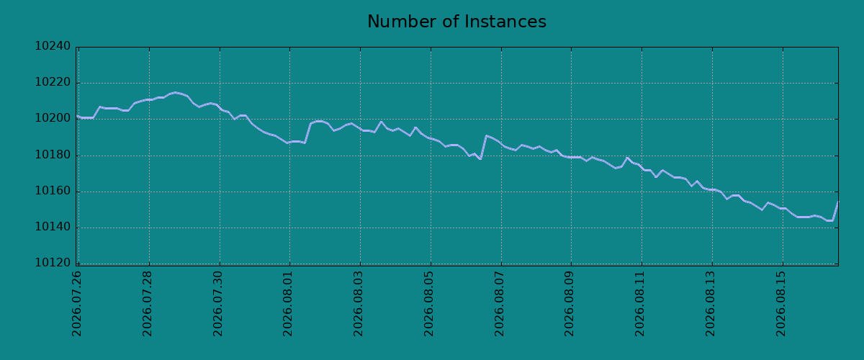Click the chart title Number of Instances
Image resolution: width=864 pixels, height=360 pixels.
click(456, 22)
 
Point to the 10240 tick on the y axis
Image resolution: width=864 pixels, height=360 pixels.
click(53, 46)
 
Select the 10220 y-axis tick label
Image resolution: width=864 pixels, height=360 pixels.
click(53, 82)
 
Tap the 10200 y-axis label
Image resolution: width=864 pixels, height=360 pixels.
click(53, 118)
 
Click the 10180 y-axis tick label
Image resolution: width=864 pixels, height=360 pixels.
click(53, 155)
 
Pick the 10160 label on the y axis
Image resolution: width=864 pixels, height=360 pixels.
click(53, 191)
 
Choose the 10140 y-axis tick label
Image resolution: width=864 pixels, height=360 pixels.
click(53, 227)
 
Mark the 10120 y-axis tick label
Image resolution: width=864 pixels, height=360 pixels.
click(53, 263)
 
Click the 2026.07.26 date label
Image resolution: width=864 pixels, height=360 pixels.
click(76, 304)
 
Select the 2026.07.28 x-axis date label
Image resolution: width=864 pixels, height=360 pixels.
click(147, 304)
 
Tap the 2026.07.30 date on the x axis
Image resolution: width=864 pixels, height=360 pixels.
click(217, 304)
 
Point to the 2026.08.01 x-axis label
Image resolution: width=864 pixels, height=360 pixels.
click(287, 304)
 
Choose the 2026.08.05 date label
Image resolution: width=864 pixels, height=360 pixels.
click(428, 304)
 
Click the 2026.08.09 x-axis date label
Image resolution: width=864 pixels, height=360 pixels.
click(569, 304)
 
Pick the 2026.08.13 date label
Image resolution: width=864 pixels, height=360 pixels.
click(710, 304)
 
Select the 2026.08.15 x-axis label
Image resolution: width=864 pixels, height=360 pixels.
click(780, 304)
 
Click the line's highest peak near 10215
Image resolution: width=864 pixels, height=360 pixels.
click(176, 92)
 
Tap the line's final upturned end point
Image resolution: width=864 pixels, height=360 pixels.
click(838, 202)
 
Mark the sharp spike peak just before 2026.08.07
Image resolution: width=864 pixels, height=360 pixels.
click(486, 136)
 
